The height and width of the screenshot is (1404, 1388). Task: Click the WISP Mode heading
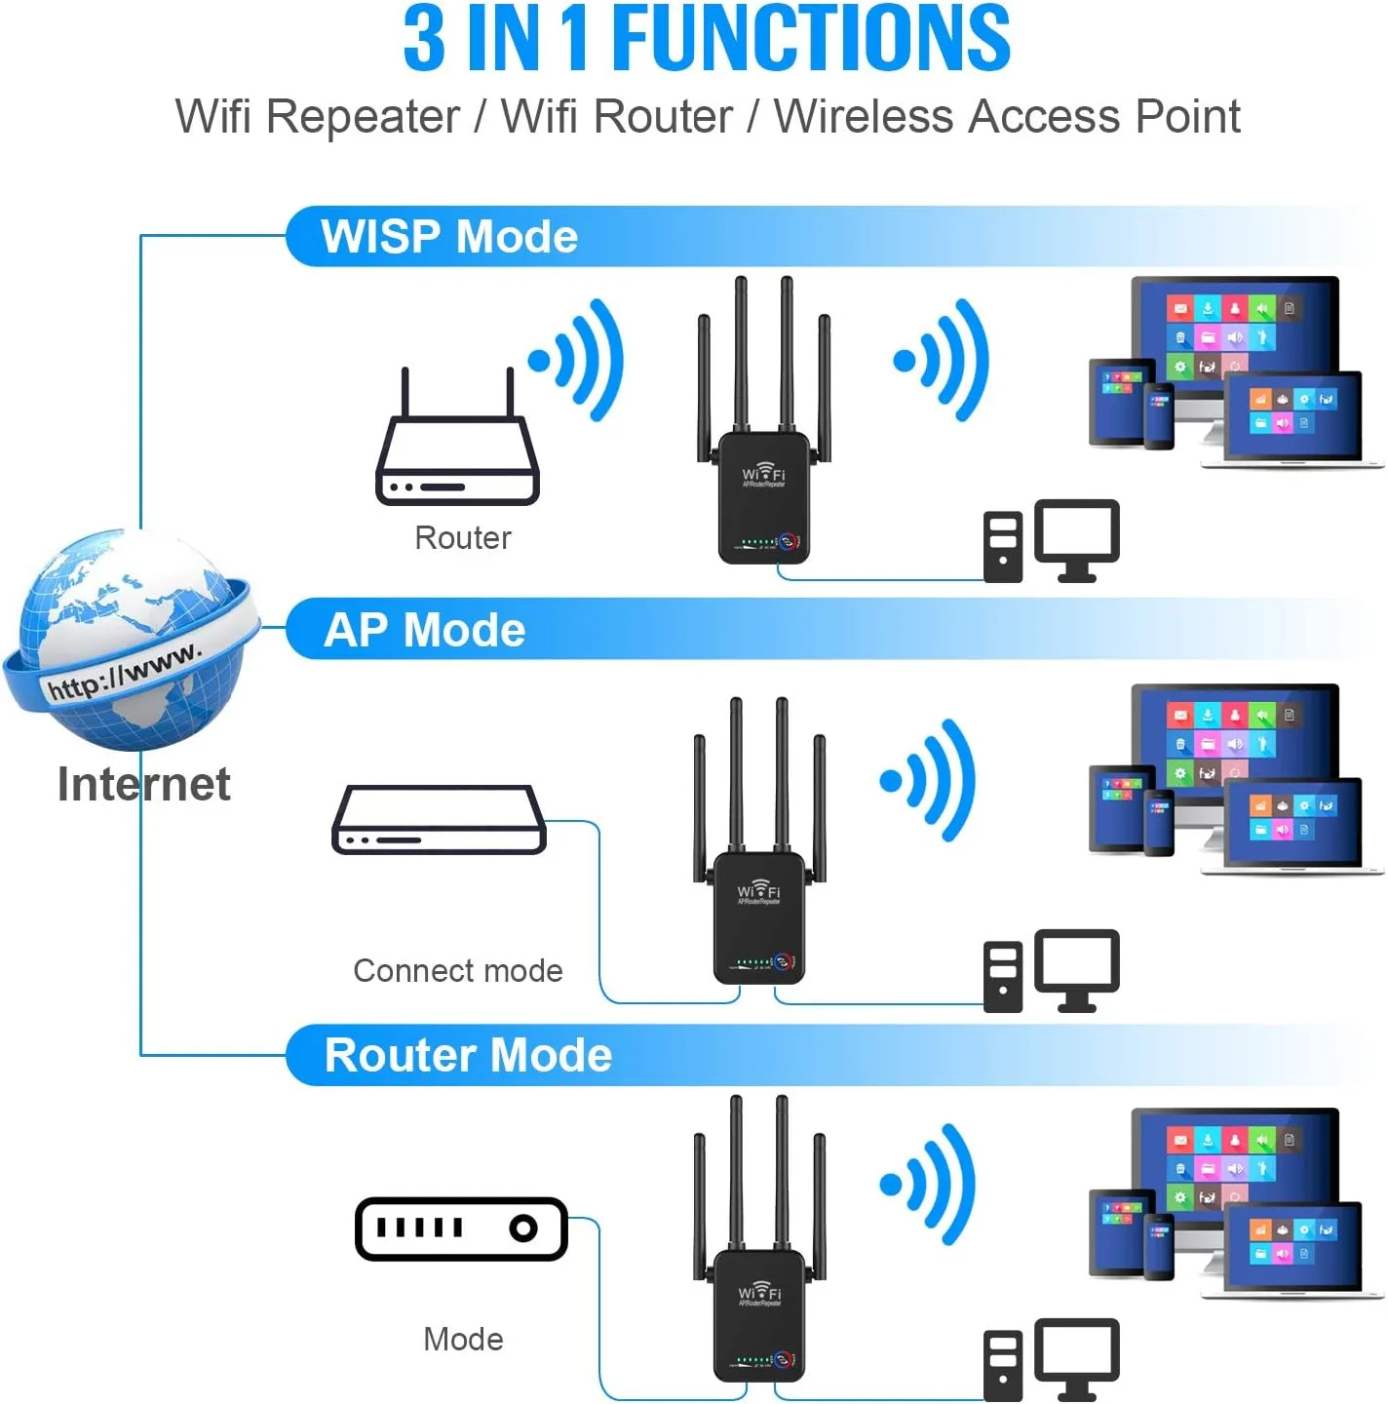click(449, 237)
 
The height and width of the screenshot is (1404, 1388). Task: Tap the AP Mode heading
click(425, 630)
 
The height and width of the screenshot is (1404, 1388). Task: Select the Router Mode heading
click(468, 1055)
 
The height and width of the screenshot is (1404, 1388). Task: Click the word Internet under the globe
click(144, 784)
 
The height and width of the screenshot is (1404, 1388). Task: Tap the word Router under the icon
click(462, 538)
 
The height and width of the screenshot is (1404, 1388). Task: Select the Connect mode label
click(457, 971)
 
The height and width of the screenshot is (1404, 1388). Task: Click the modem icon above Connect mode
click(439, 821)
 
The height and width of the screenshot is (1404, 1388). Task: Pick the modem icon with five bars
click(461, 1228)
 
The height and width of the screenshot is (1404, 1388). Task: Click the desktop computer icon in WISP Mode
click(1052, 542)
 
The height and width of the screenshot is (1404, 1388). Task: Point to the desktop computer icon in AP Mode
click(1052, 971)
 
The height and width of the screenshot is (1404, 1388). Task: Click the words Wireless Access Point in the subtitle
click(1006, 117)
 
